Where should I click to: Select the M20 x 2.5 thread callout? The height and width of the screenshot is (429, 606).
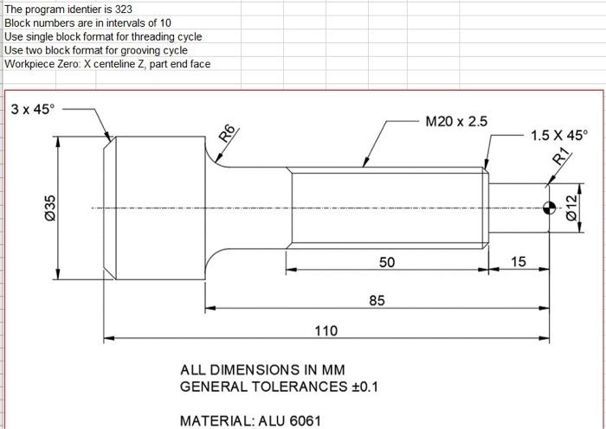(x=456, y=121)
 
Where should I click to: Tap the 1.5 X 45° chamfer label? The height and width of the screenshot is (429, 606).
(x=558, y=135)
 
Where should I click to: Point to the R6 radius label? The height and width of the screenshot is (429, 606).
(x=227, y=134)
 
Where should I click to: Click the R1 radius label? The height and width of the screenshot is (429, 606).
(x=561, y=157)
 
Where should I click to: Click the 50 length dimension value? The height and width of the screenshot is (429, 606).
(x=387, y=261)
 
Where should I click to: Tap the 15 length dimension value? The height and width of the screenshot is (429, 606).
(x=518, y=261)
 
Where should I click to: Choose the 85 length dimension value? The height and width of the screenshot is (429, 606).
(x=377, y=300)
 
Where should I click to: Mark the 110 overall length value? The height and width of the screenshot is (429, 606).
(x=326, y=330)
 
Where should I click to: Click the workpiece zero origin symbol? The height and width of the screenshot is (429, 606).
(x=549, y=208)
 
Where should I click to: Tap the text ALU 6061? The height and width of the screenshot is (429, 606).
(x=289, y=421)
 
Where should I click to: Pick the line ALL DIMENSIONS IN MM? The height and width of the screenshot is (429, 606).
(x=262, y=369)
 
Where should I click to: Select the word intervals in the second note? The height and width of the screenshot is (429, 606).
(x=115, y=23)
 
